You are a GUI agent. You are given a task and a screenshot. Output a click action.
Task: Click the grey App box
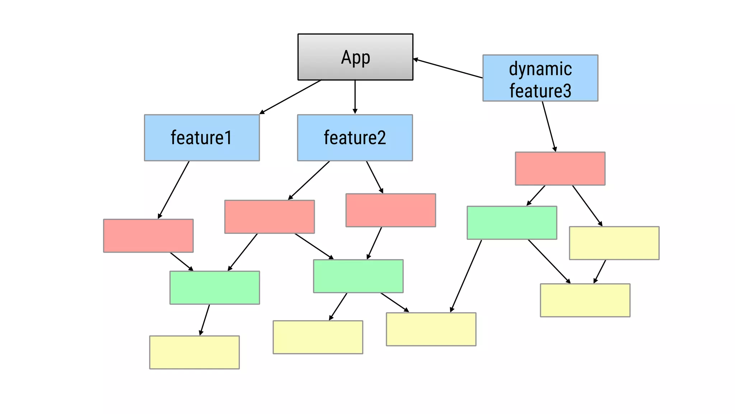click(x=355, y=57)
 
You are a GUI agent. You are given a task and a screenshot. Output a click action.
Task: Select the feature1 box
click(x=202, y=138)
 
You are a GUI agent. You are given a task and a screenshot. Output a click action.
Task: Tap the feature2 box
click(x=355, y=138)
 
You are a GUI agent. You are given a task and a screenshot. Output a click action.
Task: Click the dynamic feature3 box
click(x=540, y=78)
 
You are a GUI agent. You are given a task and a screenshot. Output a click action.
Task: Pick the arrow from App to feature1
click(x=290, y=97)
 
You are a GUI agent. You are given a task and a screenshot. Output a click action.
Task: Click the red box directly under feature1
click(x=148, y=236)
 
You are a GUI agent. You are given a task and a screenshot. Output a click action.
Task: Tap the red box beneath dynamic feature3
click(x=560, y=169)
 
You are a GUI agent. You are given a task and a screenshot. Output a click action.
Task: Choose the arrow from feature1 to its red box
click(x=174, y=190)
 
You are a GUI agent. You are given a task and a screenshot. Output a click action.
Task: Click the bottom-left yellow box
click(x=194, y=352)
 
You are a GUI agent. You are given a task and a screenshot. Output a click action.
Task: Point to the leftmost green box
click(x=215, y=287)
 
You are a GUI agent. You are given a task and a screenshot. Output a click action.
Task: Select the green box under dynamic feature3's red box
click(x=512, y=222)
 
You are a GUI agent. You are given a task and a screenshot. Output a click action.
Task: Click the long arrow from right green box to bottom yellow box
click(x=466, y=276)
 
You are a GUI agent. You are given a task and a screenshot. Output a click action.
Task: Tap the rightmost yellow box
click(x=614, y=243)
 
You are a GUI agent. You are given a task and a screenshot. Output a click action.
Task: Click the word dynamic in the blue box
click(x=540, y=69)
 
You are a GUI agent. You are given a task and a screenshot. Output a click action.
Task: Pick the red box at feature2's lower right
click(x=390, y=210)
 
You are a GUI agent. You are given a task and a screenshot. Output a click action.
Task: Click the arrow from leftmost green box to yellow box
click(x=205, y=320)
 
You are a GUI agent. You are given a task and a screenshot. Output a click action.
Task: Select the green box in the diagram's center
click(x=358, y=276)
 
